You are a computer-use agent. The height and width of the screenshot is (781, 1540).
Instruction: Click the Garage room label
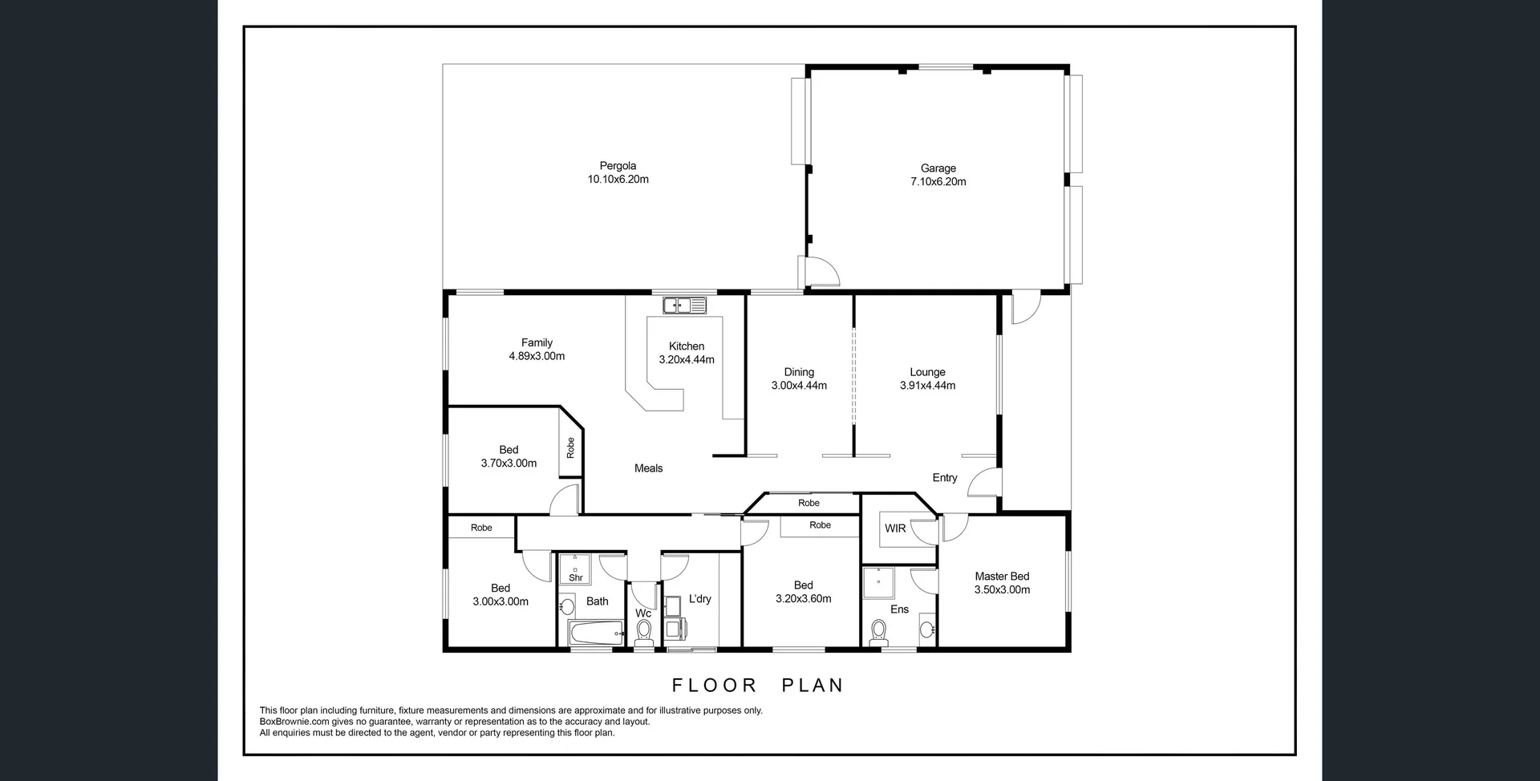(938, 168)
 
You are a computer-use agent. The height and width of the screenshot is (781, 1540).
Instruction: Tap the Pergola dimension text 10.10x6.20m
(618, 180)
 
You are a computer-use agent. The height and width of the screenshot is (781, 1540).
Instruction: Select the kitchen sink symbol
(684, 306)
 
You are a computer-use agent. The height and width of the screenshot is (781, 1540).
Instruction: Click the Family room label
(537, 342)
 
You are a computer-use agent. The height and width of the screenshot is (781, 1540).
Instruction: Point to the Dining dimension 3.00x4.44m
(799, 386)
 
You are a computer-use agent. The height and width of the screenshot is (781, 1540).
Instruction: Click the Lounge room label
(927, 372)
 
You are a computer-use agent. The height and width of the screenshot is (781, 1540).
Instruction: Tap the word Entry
(944, 478)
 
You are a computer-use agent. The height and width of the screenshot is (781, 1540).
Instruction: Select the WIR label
(895, 528)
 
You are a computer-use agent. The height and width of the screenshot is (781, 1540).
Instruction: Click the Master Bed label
(1002, 577)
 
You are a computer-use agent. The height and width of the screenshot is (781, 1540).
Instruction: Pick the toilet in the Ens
(878, 633)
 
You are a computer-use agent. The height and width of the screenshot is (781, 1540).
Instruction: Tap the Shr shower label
(575, 577)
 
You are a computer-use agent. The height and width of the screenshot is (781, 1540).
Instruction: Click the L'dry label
(699, 599)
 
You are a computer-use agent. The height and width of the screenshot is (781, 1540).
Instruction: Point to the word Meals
(648, 468)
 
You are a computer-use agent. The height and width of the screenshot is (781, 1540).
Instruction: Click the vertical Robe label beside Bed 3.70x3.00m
(570, 447)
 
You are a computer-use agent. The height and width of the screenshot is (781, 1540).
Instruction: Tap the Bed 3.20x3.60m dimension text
(803, 599)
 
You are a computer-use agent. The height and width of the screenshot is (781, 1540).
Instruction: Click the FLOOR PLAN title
(757, 686)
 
